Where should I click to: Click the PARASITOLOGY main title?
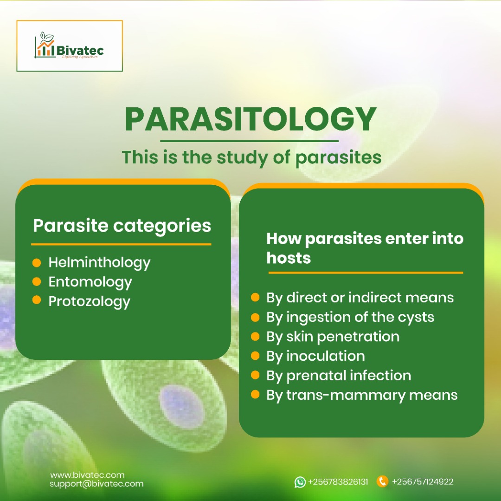point(250,120)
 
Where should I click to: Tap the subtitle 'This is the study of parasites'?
point(251,157)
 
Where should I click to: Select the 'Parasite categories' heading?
point(122,226)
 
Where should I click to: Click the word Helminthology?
point(99,262)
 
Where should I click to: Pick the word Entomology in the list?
point(90,282)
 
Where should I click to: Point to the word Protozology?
point(89,301)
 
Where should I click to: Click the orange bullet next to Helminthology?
point(37,262)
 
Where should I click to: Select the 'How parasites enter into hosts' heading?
point(364,248)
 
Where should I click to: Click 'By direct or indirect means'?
point(360,298)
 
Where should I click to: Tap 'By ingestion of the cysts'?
point(350,317)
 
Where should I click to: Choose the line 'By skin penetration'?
point(333,337)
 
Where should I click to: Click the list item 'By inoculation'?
point(315,356)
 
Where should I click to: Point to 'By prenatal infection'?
point(338,376)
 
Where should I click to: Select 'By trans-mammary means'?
point(361,395)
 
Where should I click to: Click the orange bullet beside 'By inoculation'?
point(255,356)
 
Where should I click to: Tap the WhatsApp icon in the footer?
point(300,482)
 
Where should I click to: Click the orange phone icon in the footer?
point(382,481)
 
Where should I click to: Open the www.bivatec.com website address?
point(87,475)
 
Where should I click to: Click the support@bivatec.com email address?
point(96,484)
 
